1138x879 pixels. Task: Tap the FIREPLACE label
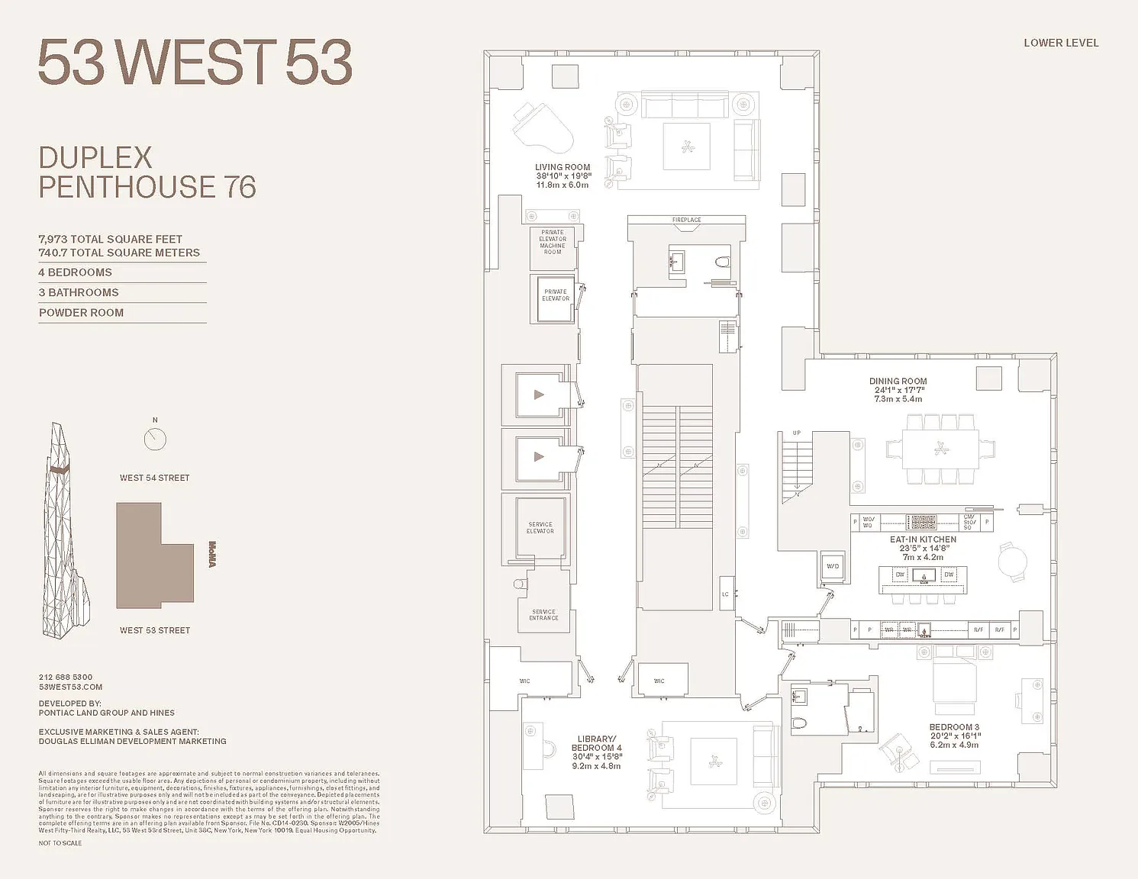point(686,220)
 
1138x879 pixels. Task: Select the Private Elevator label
point(556,295)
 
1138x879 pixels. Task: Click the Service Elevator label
point(540,527)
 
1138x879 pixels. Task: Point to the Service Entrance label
point(543,615)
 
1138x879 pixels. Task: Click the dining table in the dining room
point(940,449)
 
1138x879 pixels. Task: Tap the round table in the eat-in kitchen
point(1013,562)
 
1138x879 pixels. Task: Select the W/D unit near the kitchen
point(833,566)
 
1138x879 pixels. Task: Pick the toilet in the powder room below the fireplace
point(722,263)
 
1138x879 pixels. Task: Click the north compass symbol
point(155,438)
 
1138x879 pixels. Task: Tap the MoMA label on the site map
point(212,554)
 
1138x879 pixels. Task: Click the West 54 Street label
point(154,478)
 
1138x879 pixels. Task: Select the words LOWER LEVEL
point(1061,43)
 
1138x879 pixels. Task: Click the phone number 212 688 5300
point(66,677)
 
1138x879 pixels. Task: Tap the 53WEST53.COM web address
point(70,687)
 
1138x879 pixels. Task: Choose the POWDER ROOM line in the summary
point(81,313)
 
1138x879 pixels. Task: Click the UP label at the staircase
point(797,433)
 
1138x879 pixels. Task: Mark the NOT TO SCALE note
point(60,843)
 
